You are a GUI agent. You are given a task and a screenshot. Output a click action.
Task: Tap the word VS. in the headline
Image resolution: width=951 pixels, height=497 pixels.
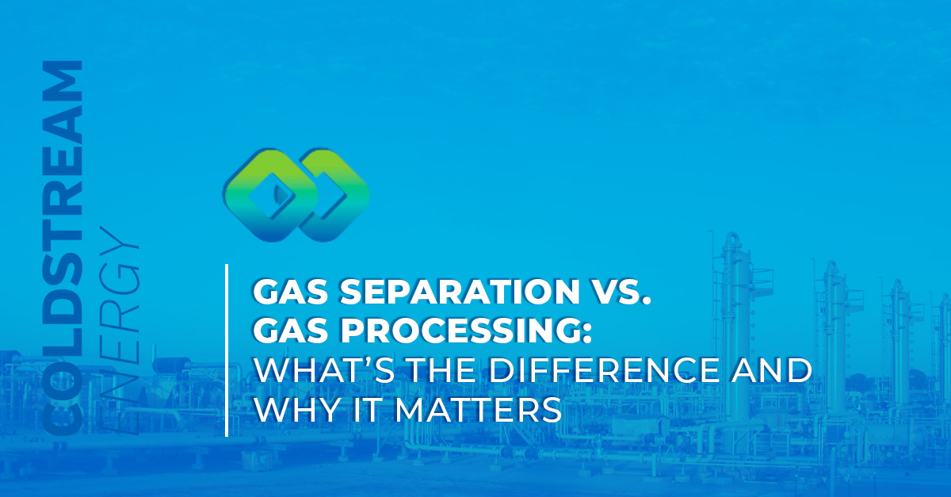(621, 292)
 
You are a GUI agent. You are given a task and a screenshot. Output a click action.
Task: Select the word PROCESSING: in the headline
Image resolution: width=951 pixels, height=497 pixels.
(466, 331)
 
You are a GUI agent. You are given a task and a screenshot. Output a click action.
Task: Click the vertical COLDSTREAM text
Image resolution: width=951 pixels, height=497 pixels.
(63, 248)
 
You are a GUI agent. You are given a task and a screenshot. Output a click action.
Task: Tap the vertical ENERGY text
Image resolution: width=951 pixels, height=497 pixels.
(120, 332)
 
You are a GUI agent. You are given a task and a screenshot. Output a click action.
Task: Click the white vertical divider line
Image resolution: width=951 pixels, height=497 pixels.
(227, 350)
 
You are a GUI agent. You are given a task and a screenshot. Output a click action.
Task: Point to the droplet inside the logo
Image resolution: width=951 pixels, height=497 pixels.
(277, 194)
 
